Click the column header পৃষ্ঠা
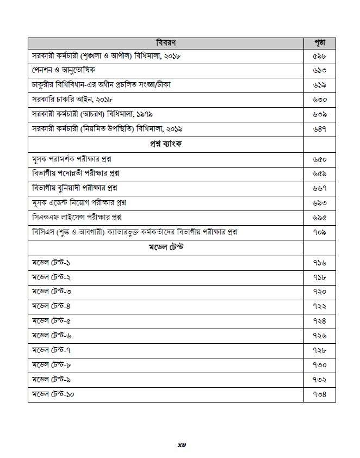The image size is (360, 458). [319, 42]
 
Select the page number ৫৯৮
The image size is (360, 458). [319, 57]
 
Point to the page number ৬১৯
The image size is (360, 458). [319, 85]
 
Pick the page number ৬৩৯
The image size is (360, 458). [319, 115]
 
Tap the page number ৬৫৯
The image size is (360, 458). [319, 173]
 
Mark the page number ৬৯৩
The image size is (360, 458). [319, 202]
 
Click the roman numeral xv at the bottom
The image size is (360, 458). [182, 444]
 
